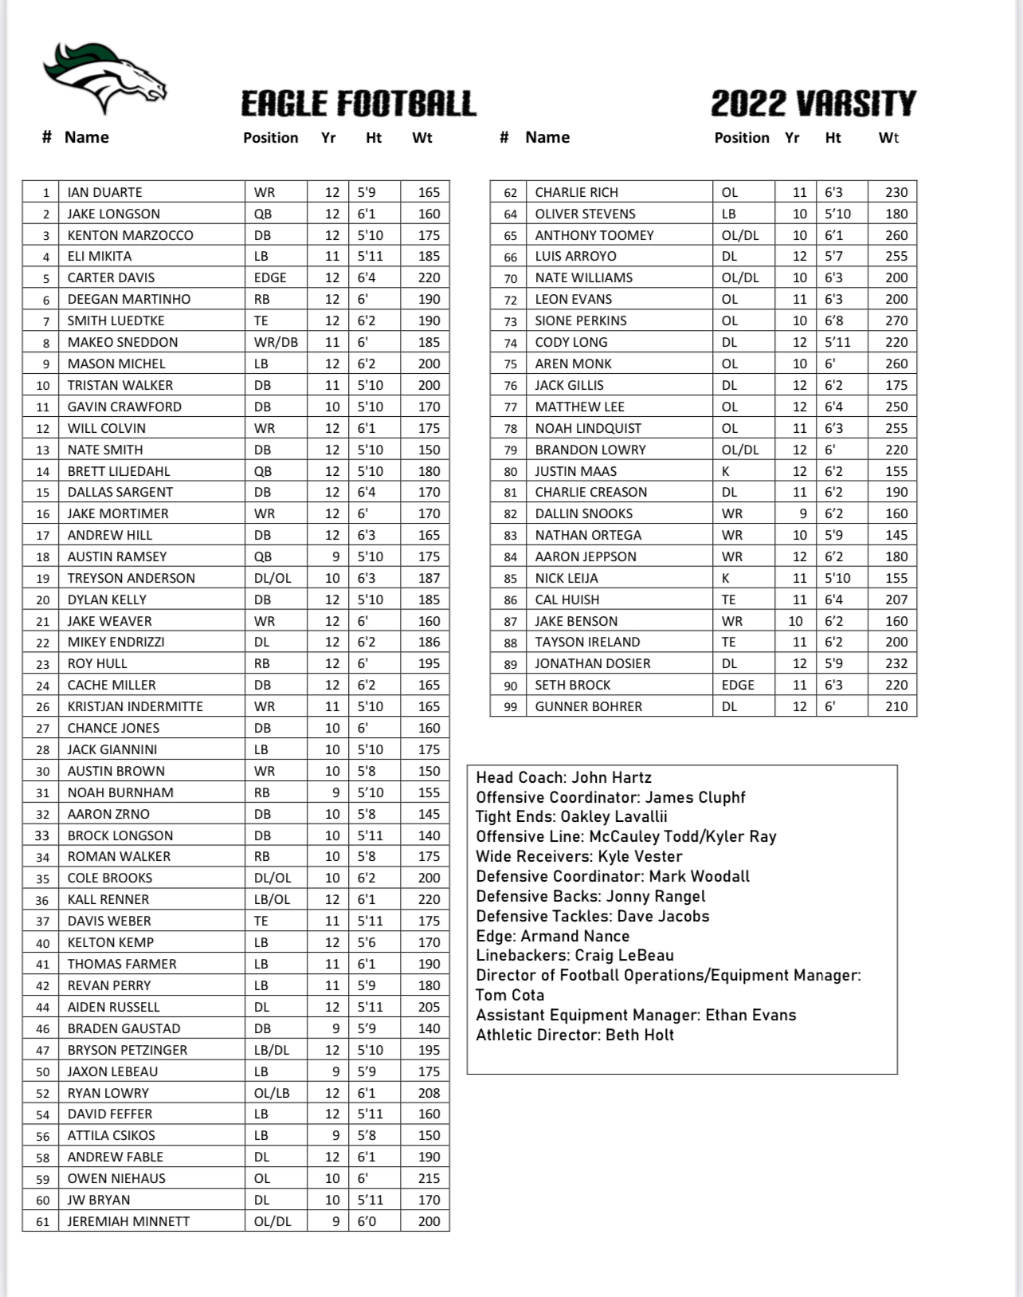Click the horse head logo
pyautogui.click(x=104, y=78)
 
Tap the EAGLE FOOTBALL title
pyautogui.click(x=359, y=104)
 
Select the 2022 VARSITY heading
pyautogui.click(x=813, y=104)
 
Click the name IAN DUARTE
pyautogui.click(x=104, y=192)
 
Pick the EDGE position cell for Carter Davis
pyautogui.click(x=270, y=277)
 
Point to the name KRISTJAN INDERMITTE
pyautogui.click(x=135, y=706)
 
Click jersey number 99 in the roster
pyautogui.click(x=510, y=706)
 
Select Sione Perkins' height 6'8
pyautogui.click(x=833, y=320)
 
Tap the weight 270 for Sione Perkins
pyautogui.click(x=896, y=320)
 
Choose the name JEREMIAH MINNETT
pyautogui.click(x=128, y=1221)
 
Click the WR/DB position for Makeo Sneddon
pyautogui.click(x=276, y=342)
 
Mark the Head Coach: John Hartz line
pyautogui.click(x=563, y=777)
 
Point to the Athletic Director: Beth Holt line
pyautogui.click(x=574, y=1035)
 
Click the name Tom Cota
pyautogui.click(x=510, y=995)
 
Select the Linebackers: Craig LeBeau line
pyautogui.click(x=574, y=955)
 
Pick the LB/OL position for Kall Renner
pyautogui.click(x=272, y=899)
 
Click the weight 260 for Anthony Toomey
pyautogui.click(x=896, y=235)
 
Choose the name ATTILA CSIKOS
pyautogui.click(x=111, y=1135)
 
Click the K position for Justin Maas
pyautogui.click(x=726, y=471)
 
